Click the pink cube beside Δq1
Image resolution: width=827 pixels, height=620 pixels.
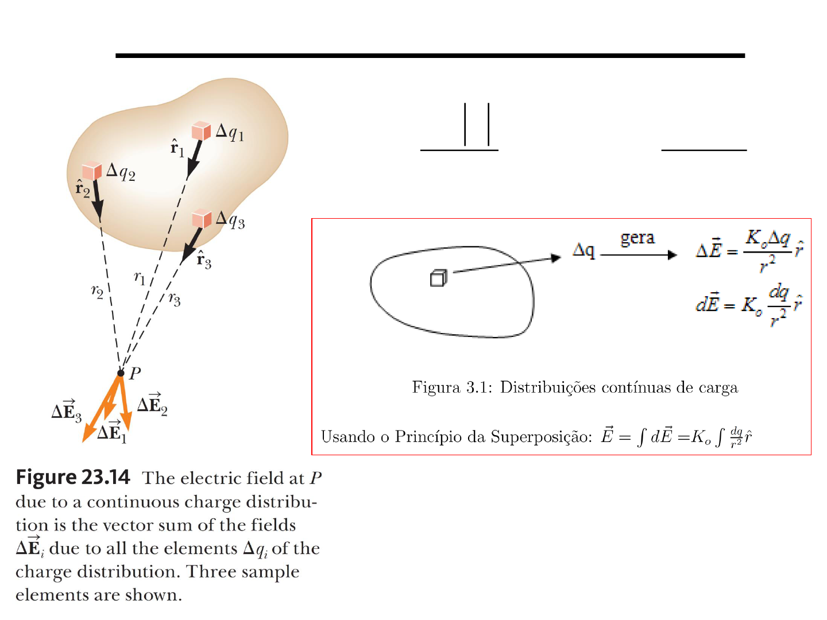pos(201,130)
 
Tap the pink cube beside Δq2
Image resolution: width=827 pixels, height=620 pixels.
pos(92,171)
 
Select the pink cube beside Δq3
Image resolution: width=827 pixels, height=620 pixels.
pos(202,219)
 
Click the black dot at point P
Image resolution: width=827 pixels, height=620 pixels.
pos(121,373)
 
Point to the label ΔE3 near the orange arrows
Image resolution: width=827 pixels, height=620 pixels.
pos(66,410)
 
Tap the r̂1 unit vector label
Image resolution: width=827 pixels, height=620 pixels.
pos(177,148)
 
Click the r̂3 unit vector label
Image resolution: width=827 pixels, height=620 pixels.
pos(204,260)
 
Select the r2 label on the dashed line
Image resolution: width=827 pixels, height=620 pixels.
pos(97,291)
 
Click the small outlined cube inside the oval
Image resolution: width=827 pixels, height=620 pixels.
pos(438,278)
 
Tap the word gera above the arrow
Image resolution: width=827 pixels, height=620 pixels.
pos(637,238)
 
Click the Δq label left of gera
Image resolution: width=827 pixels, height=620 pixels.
pos(583,250)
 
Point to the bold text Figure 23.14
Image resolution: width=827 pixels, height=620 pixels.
pos(73,477)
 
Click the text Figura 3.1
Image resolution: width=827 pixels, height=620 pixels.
pos(452,387)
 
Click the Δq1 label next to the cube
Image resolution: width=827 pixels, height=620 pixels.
pos(230,133)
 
